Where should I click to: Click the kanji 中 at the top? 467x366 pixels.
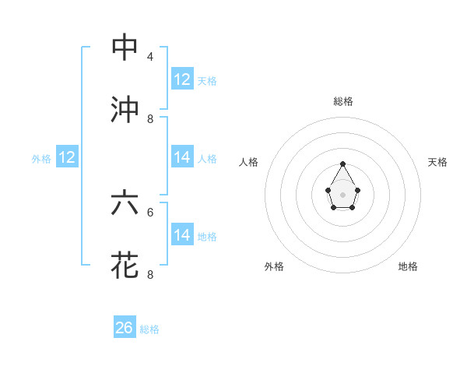[x=125, y=47]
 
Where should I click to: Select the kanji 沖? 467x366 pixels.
[x=125, y=109]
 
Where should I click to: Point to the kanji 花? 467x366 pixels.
[x=125, y=264]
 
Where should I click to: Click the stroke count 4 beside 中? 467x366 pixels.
[x=150, y=57]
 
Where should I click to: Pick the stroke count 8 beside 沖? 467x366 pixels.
[x=150, y=119]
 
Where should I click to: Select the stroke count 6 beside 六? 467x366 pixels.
[x=150, y=212]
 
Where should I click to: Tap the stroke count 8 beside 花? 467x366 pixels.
[x=150, y=274]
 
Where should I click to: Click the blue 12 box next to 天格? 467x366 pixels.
[x=182, y=79]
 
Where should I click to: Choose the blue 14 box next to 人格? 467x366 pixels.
[x=182, y=157]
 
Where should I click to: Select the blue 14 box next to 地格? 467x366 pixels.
[x=182, y=234]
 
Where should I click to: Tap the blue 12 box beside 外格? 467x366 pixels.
[x=67, y=157]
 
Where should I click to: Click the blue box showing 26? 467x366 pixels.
[x=125, y=328]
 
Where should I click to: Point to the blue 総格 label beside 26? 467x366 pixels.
[x=149, y=329]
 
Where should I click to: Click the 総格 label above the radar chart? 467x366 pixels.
[x=343, y=102]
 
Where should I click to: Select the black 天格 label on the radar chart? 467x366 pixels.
[x=437, y=162]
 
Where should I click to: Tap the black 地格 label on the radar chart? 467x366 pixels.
[x=408, y=266]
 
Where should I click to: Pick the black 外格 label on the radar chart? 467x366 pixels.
[x=274, y=266]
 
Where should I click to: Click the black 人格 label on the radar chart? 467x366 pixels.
[x=248, y=162]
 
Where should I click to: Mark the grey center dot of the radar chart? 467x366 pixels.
[x=342, y=194]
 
